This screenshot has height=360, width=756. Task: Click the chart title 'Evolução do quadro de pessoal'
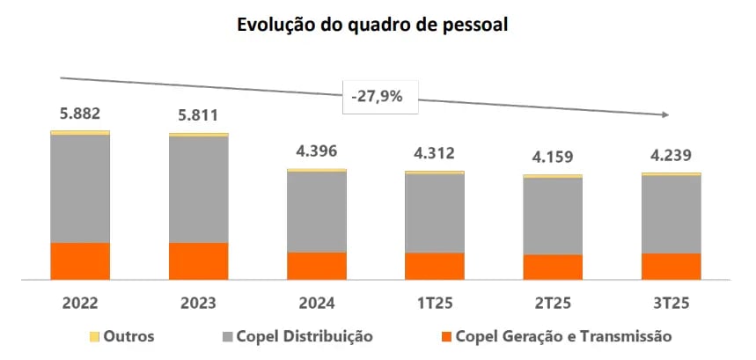373,26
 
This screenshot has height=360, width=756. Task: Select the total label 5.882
80,114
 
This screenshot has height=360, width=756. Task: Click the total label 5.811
198,115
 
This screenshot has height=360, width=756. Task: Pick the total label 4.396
317,151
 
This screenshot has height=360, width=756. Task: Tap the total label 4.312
435,153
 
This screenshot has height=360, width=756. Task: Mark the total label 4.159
553,158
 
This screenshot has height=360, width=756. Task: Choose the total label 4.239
671,155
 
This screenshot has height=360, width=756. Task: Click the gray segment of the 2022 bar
80,188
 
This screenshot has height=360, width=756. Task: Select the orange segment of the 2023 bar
198,261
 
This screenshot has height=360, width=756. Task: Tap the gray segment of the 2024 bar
317,212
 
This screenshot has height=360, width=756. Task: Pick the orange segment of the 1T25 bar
435,266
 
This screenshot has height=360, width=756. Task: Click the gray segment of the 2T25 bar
553,217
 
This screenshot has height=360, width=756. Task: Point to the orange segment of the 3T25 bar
671,267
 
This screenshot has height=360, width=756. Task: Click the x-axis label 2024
317,305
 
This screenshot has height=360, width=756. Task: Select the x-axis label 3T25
671,305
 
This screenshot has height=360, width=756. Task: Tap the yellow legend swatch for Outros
95,337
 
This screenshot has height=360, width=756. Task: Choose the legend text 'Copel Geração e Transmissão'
563,336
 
